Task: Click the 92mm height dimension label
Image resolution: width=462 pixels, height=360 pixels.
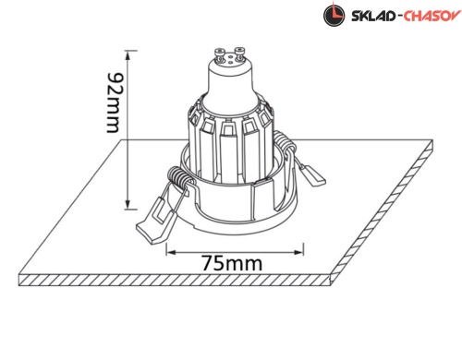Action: (x=113, y=102)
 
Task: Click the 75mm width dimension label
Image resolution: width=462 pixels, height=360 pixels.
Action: (x=232, y=263)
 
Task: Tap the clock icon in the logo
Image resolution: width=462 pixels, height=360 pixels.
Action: (x=334, y=15)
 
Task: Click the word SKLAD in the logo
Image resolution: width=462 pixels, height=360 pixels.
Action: (x=373, y=16)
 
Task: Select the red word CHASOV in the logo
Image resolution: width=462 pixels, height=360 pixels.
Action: (x=432, y=16)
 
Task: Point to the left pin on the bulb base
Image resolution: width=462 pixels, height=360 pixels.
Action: (x=219, y=54)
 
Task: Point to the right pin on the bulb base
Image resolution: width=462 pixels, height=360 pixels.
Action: (x=239, y=54)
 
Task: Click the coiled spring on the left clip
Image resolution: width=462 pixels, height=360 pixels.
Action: (x=178, y=177)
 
